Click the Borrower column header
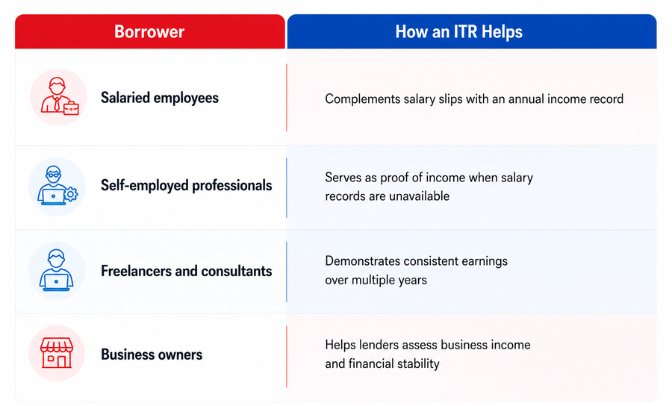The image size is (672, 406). pos(149,31)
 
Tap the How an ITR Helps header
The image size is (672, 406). pos(458,31)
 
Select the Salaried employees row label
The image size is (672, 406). pos(160,98)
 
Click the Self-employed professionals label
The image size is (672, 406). pos(187,185)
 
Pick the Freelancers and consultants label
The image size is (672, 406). pos(187,271)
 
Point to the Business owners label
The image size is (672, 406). pos(152,355)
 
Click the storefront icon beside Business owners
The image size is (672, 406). pos(57,353)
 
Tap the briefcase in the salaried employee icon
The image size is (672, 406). pos(71,108)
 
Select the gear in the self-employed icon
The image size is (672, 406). pos(71,194)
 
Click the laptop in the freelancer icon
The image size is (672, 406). pos(56,282)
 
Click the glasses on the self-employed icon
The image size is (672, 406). pos(54,175)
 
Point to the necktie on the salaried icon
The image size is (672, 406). pos(57,104)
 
